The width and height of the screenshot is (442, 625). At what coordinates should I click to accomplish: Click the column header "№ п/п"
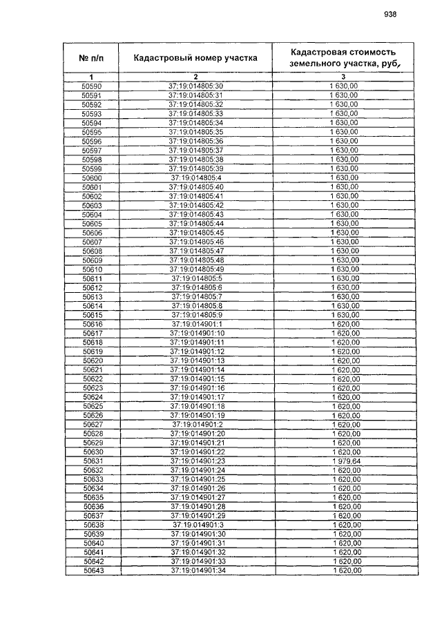92,58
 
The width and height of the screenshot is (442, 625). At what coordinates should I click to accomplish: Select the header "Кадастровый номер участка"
195,58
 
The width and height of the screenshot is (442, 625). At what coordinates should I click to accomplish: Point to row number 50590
92,86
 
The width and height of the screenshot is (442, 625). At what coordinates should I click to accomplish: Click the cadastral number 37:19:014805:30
196,86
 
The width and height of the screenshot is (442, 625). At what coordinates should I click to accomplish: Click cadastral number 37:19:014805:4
196,177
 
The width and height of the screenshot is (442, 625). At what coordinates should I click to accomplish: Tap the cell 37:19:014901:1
196,324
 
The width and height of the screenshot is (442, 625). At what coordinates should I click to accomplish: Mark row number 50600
92,177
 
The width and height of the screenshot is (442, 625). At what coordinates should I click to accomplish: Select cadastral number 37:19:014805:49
196,269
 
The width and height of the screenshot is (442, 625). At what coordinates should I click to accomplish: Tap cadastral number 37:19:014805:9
196,315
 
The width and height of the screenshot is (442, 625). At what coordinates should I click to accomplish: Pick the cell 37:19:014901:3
197,524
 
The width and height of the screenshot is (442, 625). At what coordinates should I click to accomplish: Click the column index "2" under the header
195,76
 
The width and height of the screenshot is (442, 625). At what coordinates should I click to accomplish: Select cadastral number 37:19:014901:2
197,424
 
